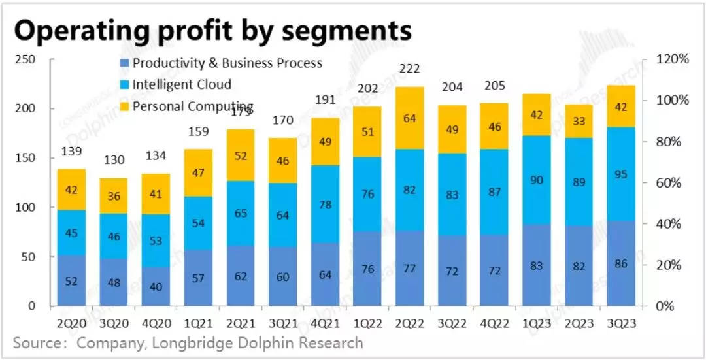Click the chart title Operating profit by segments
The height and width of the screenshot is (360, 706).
(x=213, y=30)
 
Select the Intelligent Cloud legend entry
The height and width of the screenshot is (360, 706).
(x=181, y=85)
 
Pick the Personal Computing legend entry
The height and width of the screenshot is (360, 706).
(x=192, y=106)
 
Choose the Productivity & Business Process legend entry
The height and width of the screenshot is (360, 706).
(x=227, y=63)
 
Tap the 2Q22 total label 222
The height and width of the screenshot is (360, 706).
(x=410, y=69)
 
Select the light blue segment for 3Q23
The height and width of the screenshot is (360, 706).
(x=620, y=174)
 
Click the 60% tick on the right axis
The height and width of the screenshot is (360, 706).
(x=669, y=183)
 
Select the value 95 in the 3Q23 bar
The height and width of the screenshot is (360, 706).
(x=620, y=174)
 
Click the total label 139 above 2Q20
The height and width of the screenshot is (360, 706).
(x=71, y=152)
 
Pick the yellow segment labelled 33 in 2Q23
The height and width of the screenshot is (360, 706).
(x=579, y=121)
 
